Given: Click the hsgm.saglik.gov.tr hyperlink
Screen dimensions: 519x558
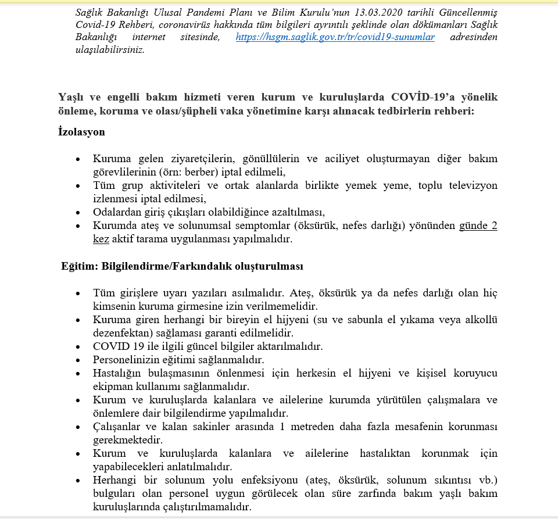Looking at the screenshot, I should (x=335, y=37).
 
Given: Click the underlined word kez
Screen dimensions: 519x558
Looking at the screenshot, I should (x=101, y=238).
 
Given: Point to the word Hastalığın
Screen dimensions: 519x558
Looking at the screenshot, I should (x=117, y=373).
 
